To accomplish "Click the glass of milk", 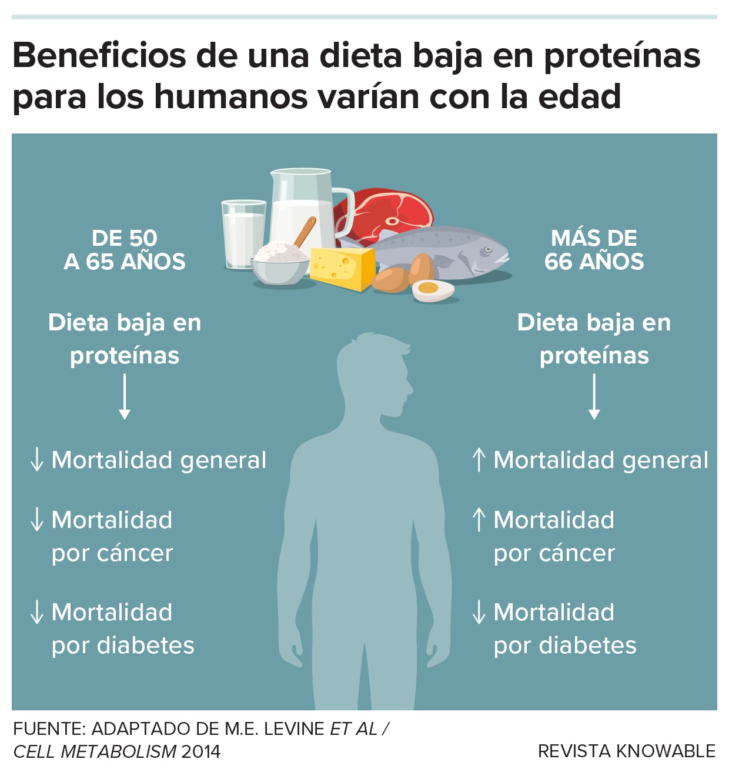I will click(243, 235).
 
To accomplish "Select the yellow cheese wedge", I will click(343, 268).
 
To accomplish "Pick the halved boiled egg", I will click(433, 290).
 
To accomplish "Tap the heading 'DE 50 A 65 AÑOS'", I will click(125, 250).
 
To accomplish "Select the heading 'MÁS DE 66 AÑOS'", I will click(594, 250).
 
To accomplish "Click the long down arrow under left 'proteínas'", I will click(125, 397).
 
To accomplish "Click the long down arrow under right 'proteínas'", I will click(594, 397).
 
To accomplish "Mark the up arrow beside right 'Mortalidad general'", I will click(479, 460).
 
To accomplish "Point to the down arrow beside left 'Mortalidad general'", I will click(36, 460).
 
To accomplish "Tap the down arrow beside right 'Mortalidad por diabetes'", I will click(479, 612).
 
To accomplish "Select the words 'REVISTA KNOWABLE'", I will click(627, 751).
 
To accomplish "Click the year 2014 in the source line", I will click(201, 751).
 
